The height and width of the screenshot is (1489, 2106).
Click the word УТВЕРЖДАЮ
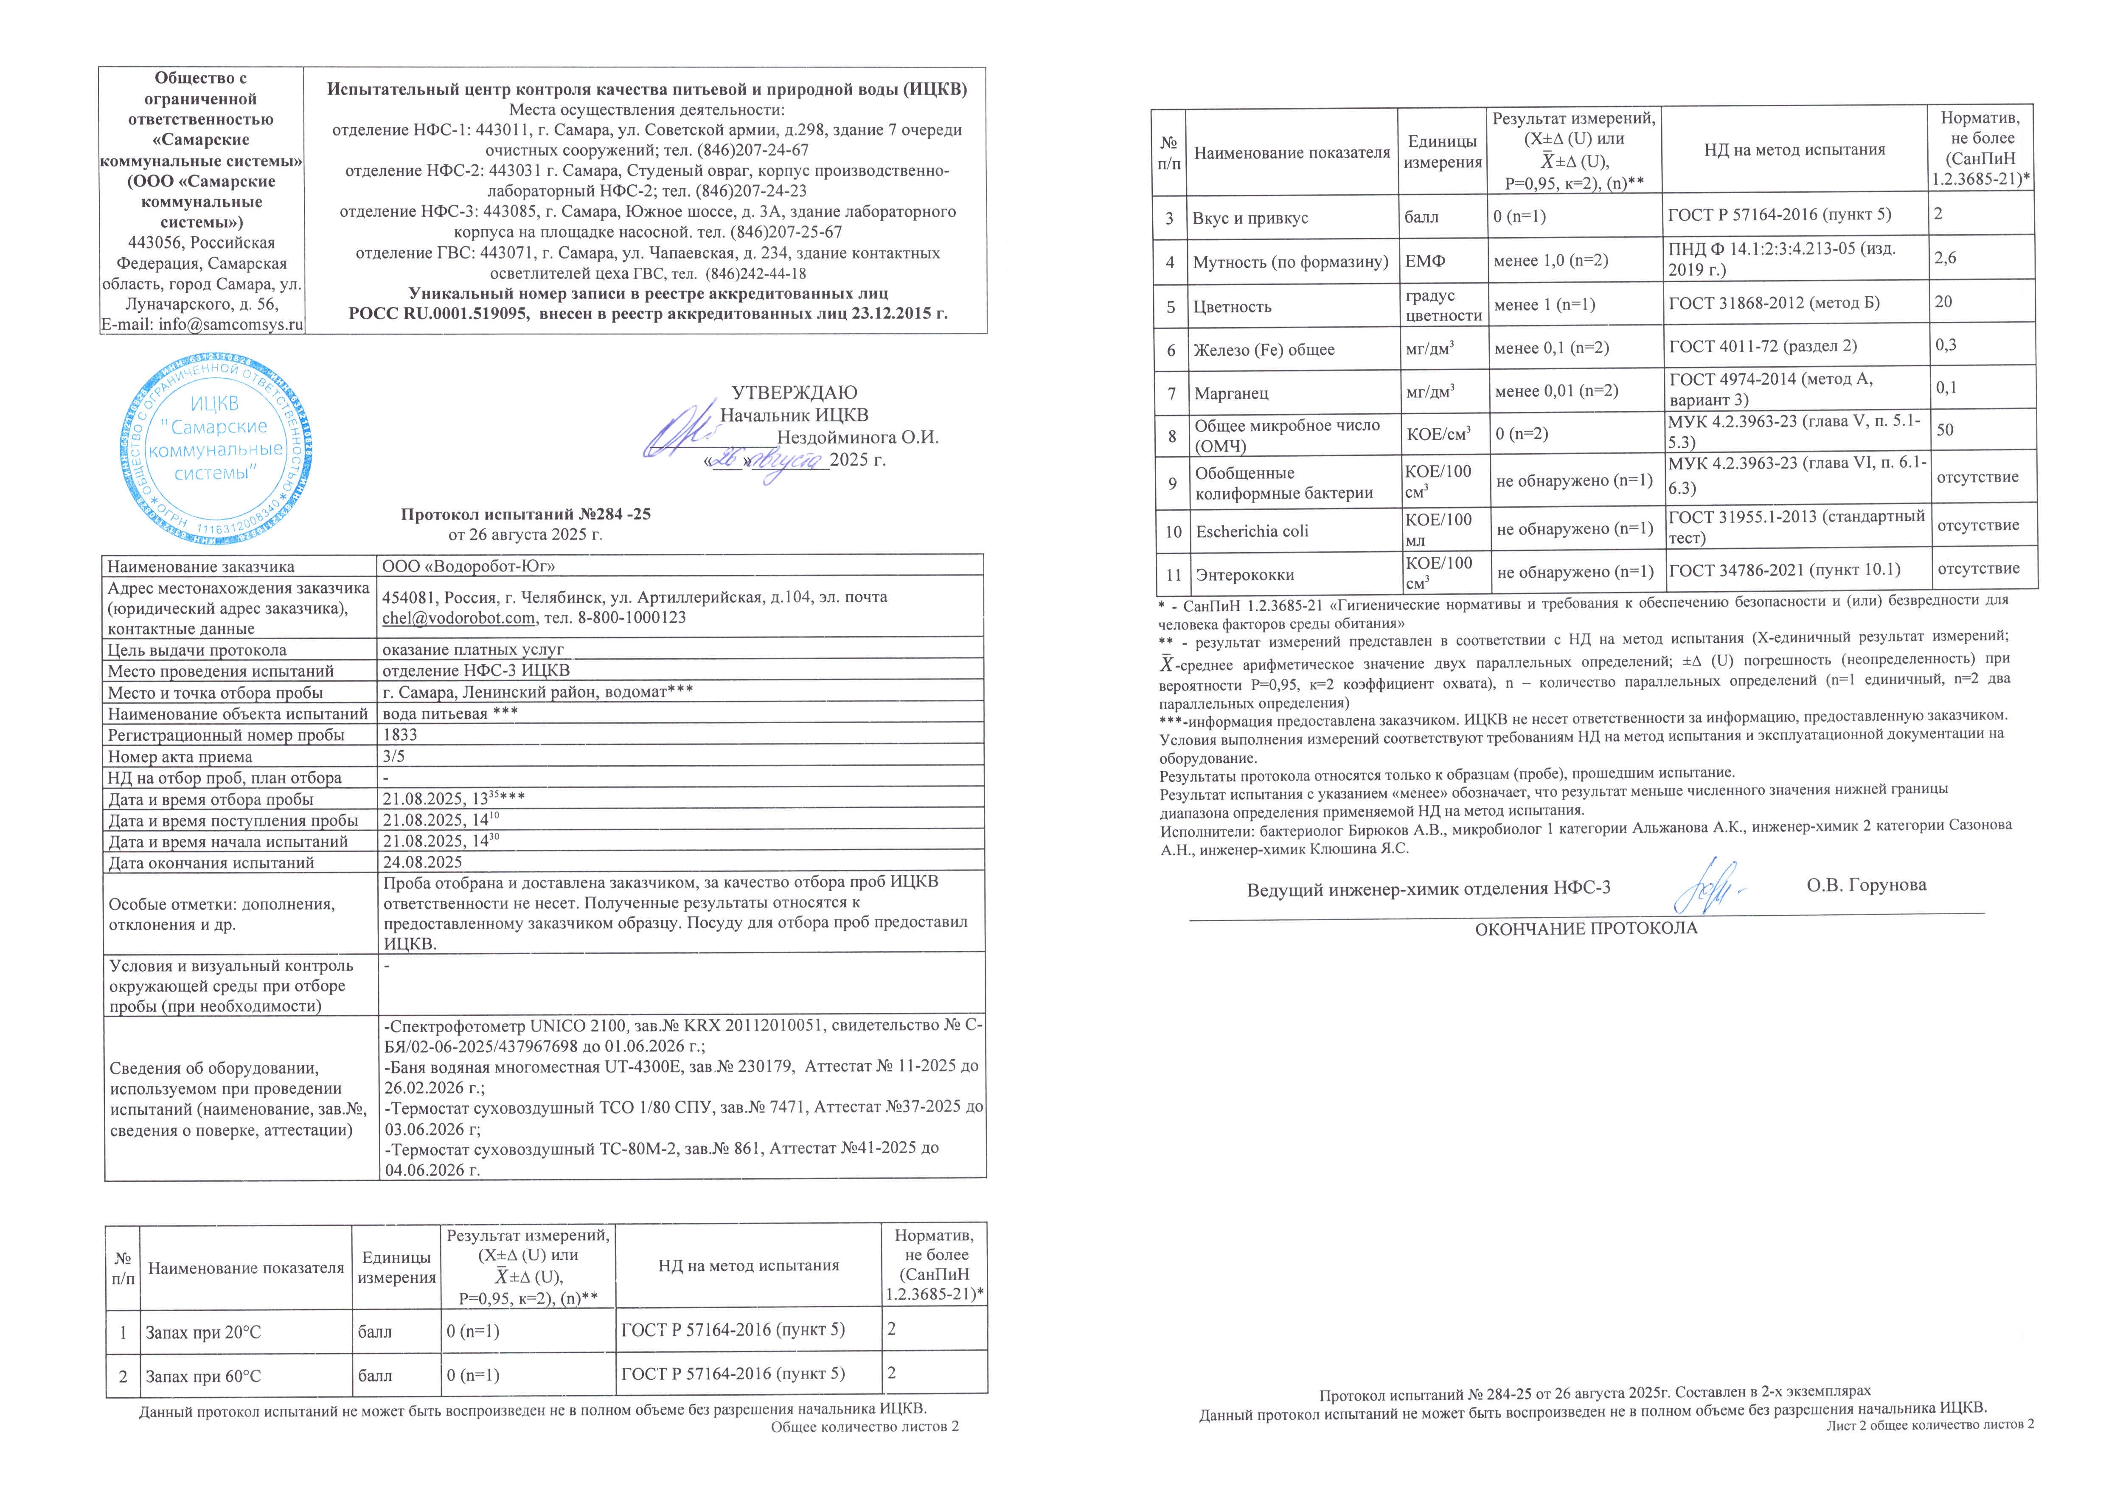(x=795, y=393)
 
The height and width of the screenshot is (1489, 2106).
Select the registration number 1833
(x=400, y=735)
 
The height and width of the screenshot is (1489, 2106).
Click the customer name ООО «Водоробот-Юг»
(x=469, y=566)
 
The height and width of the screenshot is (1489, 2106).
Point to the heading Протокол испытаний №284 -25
(x=525, y=514)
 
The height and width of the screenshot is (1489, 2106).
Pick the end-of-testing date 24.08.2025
(x=422, y=862)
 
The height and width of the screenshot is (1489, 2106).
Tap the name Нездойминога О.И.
(x=858, y=438)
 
